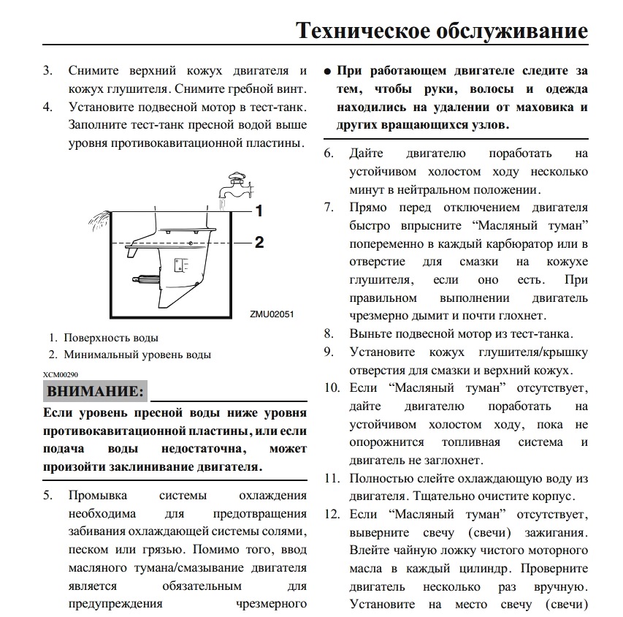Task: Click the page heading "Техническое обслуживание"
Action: click(x=441, y=31)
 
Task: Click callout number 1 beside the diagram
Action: click(x=259, y=211)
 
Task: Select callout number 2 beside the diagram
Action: click(x=259, y=242)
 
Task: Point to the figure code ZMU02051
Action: click(x=272, y=313)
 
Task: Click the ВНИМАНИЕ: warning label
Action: click(x=95, y=391)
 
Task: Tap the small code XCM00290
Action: click(x=60, y=374)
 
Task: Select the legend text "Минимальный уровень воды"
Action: click(x=137, y=355)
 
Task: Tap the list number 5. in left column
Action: click(x=47, y=496)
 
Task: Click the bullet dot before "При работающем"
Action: click(x=328, y=72)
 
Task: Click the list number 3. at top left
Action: click(x=47, y=72)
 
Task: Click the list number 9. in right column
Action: click(x=329, y=352)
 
